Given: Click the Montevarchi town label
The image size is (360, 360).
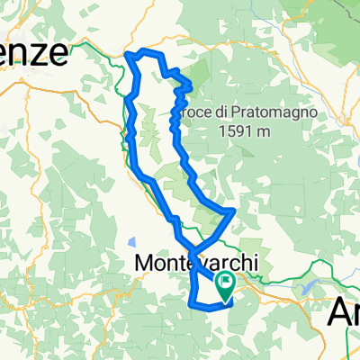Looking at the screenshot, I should pos(196,263).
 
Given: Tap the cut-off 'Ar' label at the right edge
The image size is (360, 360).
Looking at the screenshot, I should pos(346,311).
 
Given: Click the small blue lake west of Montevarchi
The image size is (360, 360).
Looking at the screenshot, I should pos(132,241).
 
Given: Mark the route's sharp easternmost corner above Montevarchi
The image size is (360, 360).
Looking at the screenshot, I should pos(234,211).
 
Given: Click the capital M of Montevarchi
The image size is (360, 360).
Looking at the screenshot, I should pos(144,263).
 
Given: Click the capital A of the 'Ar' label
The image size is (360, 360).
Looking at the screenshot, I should pos(339,311).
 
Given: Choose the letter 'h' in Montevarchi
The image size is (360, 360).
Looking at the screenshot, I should pos(245,263).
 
